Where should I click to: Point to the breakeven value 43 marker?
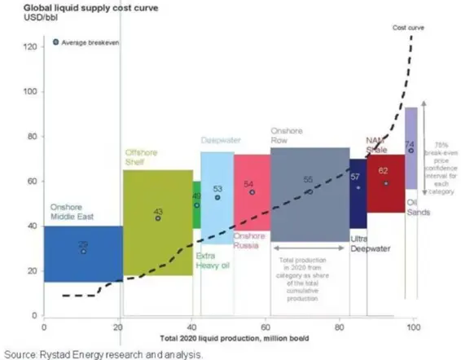pos(158,218)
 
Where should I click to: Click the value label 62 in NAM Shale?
pos(384,170)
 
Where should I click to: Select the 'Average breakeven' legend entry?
pos(86,42)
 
